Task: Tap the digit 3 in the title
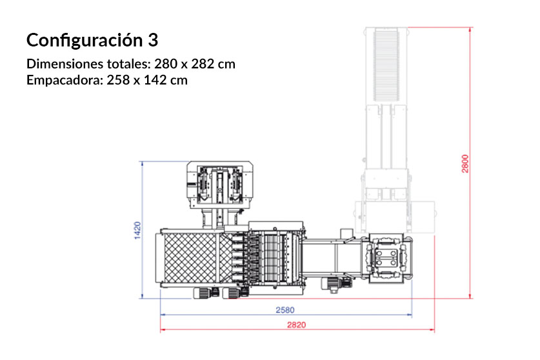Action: click(x=152, y=41)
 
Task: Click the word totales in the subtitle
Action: click(x=128, y=65)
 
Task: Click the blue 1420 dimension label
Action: click(x=137, y=231)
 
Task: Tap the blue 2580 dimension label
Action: click(x=285, y=310)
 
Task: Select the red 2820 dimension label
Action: click(x=297, y=325)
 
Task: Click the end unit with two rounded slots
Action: click(x=387, y=258)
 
